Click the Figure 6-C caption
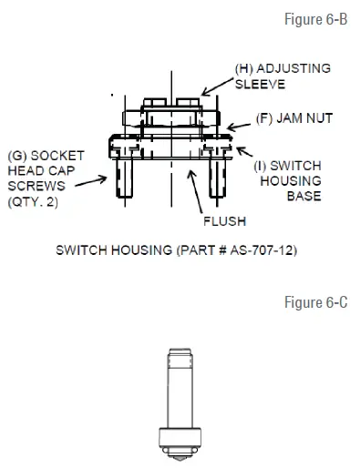pyautogui.click(x=318, y=301)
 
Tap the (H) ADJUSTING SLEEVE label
pyautogui.click(x=282, y=76)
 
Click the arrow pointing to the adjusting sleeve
pyautogui.click(x=217, y=86)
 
